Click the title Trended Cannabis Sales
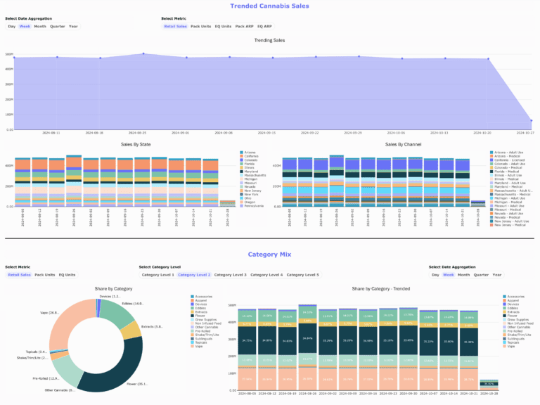pyautogui.click(x=269, y=6)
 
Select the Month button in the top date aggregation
pyautogui.click(x=40, y=26)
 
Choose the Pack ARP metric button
pyautogui.click(x=244, y=26)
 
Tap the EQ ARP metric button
pyautogui.click(x=264, y=26)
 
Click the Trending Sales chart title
pyautogui.click(x=269, y=40)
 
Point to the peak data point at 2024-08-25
pyautogui.click(x=143, y=53)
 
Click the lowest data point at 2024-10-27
pyautogui.click(x=531, y=120)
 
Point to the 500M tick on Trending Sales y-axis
pyautogui.click(x=9, y=54)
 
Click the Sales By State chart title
pyautogui.click(x=125, y=143)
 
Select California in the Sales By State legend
pyautogui.click(x=252, y=156)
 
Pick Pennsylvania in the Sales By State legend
pyautogui.click(x=254, y=206)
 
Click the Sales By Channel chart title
pyautogui.click(x=383, y=143)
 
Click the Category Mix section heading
pyautogui.click(x=269, y=255)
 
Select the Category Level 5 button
pyautogui.click(x=302, y=274)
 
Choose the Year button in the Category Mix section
pyautogui.click(x=497, y=274)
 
